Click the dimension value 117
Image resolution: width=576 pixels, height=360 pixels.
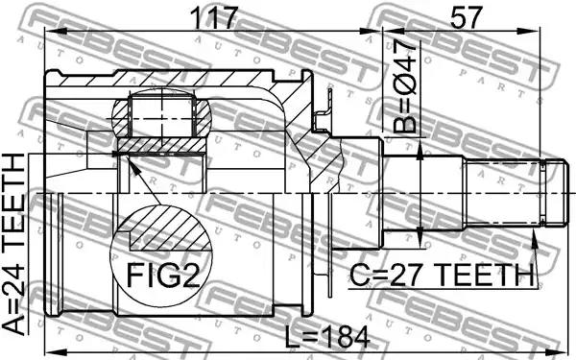(214, 18)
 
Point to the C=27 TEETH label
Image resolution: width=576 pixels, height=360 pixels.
(442, 276)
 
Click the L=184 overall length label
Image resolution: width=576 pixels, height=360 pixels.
(327, 338)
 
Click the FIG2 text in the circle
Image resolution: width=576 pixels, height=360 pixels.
(163, 276)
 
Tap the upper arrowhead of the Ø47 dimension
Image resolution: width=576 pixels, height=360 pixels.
(420, 151)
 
